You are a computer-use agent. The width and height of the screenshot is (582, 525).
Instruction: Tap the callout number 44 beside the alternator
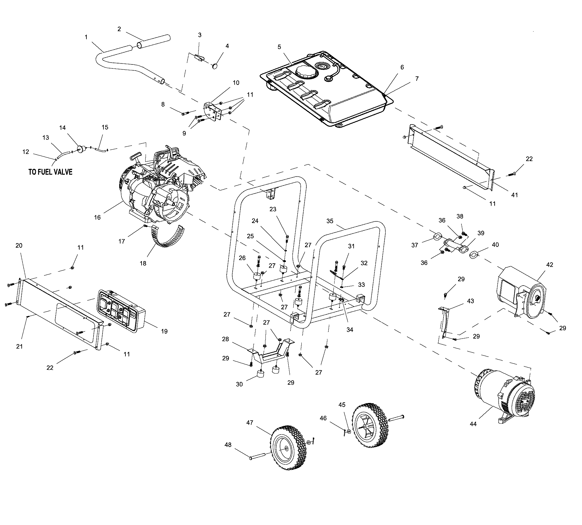tap(473, 424)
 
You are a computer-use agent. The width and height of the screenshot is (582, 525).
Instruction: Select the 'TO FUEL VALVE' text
tap(50, 172)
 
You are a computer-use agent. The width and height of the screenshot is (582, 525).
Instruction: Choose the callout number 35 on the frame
tap(330, 221)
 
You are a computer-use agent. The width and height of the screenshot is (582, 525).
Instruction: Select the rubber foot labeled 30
tap(260, 374)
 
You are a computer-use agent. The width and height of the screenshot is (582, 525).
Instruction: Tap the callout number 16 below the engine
tap(98, 217)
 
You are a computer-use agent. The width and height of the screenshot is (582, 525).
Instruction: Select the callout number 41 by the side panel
tap(514, 195)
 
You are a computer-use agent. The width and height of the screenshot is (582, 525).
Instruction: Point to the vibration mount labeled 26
tap(257, 276)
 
